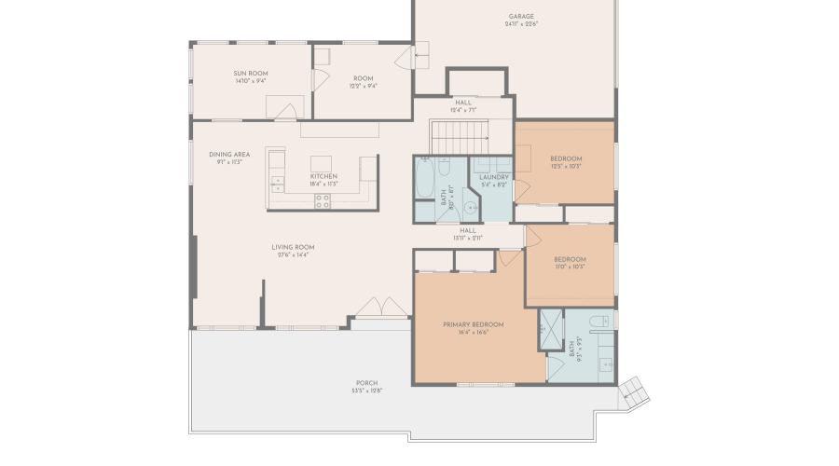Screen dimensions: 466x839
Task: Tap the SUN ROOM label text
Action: point(250,73)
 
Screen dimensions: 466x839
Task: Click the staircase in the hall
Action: point(461,135)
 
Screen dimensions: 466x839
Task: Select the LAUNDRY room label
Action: point(493,176)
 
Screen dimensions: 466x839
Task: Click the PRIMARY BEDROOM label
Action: point(473,324)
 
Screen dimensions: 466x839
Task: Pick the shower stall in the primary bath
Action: point(551,328)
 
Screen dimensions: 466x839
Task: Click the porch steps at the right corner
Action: point(634,391)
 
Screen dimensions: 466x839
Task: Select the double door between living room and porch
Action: point(381,308)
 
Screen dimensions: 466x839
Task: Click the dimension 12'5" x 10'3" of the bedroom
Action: point(566,167)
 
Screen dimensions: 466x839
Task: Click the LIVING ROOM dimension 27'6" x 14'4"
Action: point(293,254)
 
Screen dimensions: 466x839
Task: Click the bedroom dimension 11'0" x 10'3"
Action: point(570,267)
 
